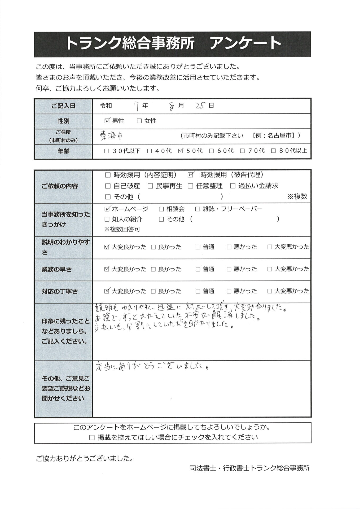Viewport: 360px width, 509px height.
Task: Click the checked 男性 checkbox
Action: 107,121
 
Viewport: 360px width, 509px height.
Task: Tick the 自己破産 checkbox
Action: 108,186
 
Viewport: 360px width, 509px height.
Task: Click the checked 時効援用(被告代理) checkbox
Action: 190,175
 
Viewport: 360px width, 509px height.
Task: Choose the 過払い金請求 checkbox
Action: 233,186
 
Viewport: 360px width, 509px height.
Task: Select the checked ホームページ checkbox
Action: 107,209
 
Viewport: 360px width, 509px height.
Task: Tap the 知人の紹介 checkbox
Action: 107,219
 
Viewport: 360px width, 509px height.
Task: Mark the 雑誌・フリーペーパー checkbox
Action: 197,209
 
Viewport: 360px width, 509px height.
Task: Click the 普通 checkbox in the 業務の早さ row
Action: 198,269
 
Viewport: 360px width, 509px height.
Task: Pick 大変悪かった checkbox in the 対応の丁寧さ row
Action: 270,291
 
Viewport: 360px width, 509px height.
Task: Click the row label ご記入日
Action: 63,106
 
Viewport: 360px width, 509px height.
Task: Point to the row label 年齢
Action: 63,151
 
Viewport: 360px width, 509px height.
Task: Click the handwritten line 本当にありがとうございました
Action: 151,367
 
